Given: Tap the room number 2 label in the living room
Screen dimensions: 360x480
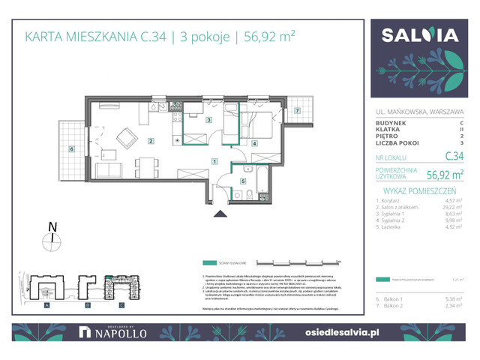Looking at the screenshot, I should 151,141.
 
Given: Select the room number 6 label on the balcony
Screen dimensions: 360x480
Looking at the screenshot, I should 71,149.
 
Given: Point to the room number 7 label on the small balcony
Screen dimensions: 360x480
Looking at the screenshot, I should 297,111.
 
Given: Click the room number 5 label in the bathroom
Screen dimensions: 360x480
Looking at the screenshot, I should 242,181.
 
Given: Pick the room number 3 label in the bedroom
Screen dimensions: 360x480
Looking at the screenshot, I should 209,119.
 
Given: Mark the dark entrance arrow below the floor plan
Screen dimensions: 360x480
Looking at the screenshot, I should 220,214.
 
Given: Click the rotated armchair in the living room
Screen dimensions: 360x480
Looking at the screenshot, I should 127,139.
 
